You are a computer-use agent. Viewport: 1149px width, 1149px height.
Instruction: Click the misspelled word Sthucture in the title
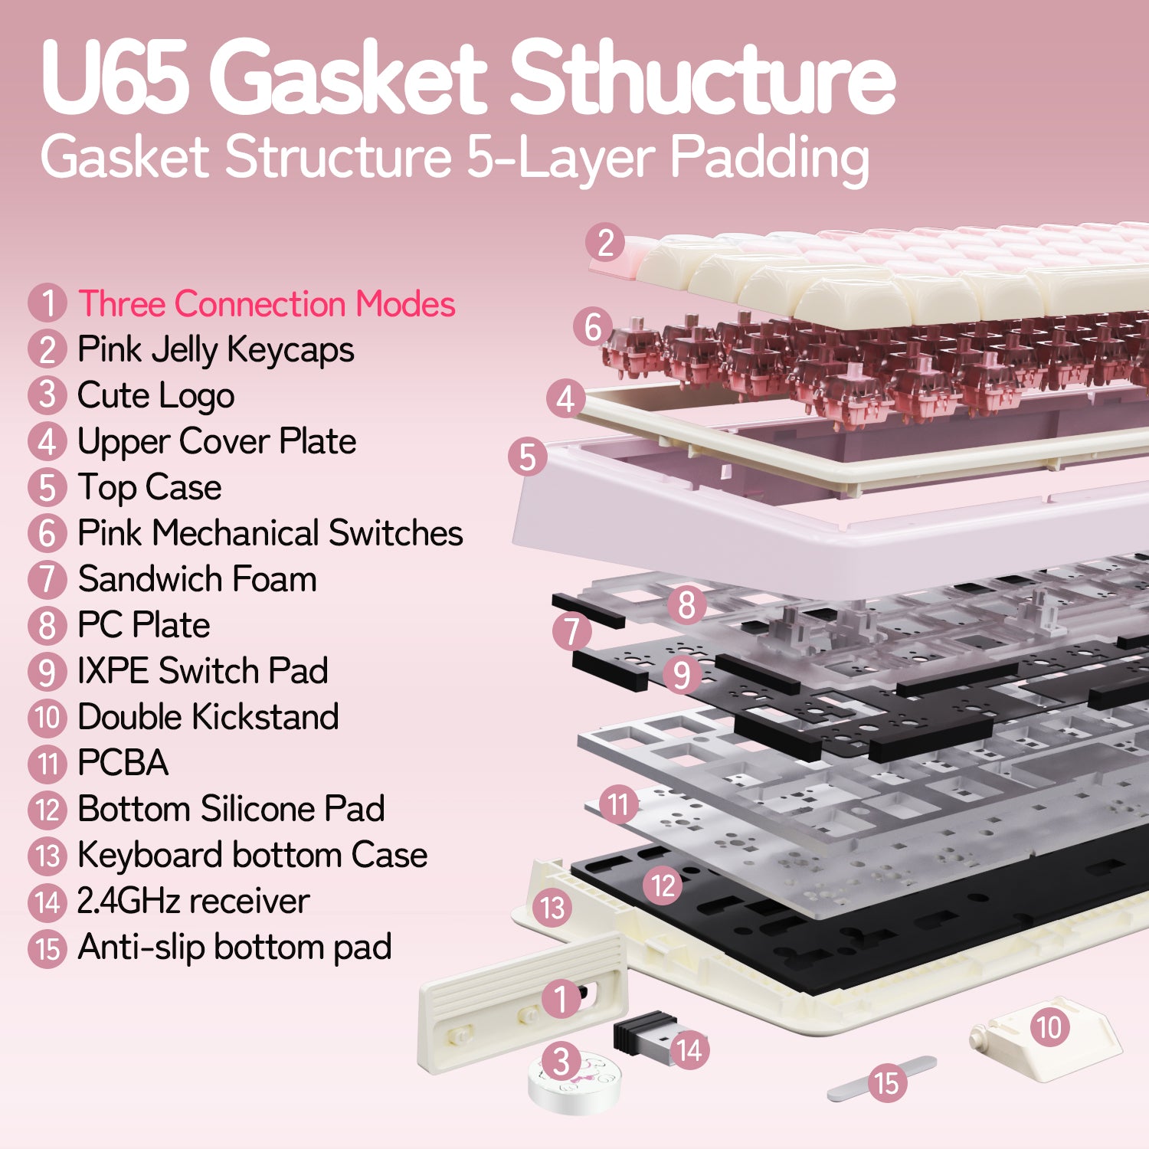(x=702, y=77)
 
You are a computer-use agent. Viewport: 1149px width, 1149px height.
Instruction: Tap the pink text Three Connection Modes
(x=267, y=303)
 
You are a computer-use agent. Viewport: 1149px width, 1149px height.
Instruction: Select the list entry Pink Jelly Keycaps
(x=215, y=350)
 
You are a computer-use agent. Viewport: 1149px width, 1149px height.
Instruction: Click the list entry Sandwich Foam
(x=197, y=579)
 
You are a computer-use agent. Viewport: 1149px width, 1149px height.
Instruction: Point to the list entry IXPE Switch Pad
(x=202, y=671)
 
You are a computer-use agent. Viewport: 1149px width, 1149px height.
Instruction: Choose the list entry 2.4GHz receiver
(x=193, y=901)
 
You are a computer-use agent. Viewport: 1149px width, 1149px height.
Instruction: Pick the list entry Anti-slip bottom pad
(x=234, y=948)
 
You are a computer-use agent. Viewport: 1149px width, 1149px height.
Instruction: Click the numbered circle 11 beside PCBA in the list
(x=47, y=763)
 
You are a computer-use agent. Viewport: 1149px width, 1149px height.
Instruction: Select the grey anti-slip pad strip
(x=882, y=1079)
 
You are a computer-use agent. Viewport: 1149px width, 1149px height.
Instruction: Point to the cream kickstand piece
(x=1045, y=1038)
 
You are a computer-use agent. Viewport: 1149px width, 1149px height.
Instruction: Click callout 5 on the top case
(x=528, y=457)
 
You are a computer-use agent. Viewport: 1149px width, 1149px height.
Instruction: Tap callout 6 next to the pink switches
(x=593, y=327)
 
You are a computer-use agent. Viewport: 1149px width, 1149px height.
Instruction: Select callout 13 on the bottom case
(x=552, y=908)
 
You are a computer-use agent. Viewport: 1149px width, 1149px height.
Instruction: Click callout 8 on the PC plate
(x=686, y=605)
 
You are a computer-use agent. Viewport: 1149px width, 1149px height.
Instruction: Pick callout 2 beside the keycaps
(x=605, y=243)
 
